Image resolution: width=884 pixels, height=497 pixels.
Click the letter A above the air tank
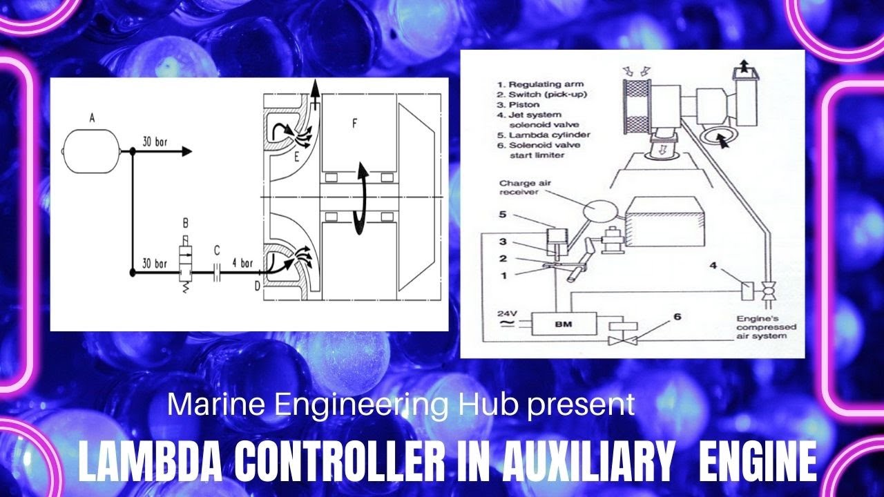click(93, 117)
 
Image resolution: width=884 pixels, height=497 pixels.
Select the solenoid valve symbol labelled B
click(185, 264)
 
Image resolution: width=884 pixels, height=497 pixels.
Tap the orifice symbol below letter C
click(217, 272)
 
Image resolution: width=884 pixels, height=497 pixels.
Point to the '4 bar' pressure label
click(242, 263)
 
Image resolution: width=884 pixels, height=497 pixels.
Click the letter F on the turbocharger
click(354, 124)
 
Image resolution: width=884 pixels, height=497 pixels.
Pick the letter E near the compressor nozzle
click(297, 158)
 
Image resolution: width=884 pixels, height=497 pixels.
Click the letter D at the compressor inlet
click(258, 286)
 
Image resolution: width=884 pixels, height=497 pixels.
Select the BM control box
click(564, 324)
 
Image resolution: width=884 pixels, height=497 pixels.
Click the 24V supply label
click(507, 314)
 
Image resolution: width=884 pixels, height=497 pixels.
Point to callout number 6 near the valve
click(678, 317)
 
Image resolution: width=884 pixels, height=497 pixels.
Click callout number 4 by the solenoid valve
click(713, 266)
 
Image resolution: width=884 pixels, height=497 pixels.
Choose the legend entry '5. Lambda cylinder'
click(544, 135)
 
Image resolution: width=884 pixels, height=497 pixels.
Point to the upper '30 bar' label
click(155, 142)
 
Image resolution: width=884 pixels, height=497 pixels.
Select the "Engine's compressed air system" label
click(767, 327)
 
